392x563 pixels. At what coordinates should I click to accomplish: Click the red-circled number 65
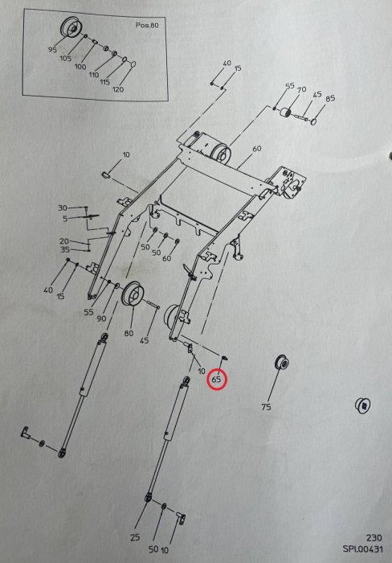point(217,379)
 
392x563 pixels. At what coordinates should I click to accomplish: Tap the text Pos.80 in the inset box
point(147,26)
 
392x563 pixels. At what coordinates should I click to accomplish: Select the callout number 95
point(52,50)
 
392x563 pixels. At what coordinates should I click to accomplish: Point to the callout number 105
point(65,58)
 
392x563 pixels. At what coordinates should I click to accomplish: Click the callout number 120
point(118,89)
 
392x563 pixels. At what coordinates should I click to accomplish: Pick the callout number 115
point(104,82)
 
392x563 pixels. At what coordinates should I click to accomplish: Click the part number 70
point(301,89)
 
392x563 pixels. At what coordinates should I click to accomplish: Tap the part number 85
point(330,98)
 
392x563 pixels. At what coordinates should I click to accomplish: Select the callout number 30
point(63,208)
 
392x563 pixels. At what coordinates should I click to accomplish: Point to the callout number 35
point(64,249)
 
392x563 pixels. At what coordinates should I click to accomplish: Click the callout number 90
point(101,318)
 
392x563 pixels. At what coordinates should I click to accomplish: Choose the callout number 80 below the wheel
point(129,333)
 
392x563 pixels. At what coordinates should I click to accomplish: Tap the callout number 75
point(266,407)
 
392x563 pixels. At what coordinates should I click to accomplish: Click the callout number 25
point(135,537)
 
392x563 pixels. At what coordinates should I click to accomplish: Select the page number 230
point(374,537)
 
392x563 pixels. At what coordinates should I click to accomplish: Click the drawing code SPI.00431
point(362,549)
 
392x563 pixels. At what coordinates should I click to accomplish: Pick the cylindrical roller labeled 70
point(287,114)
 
